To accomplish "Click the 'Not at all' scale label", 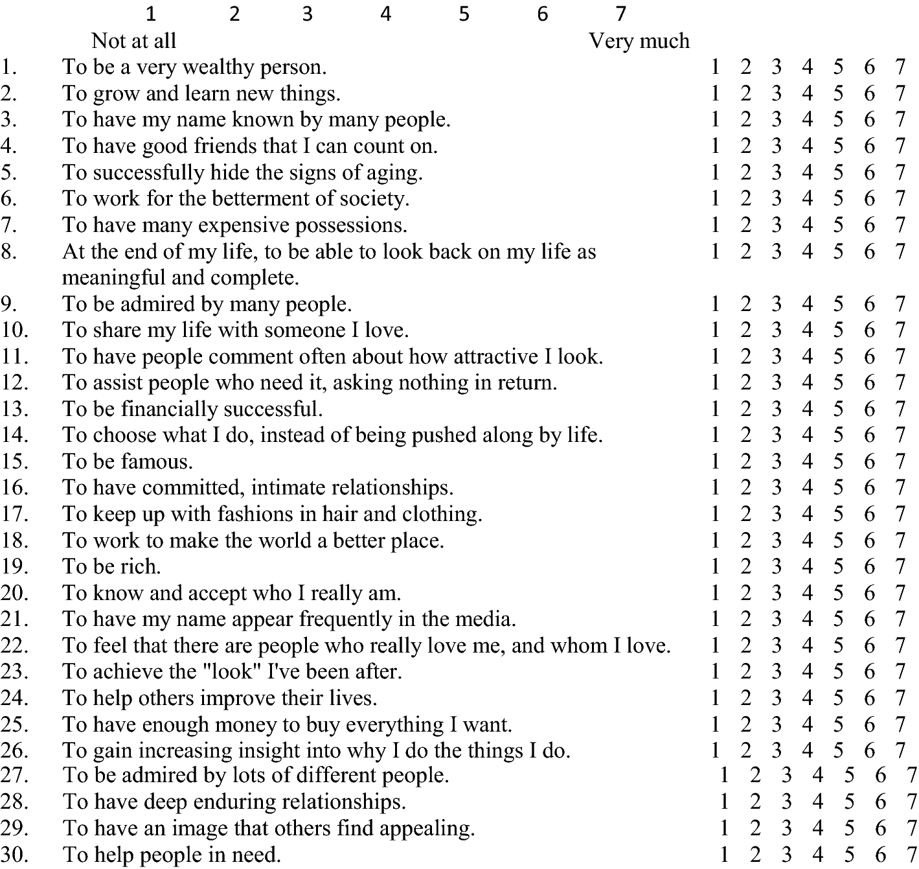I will pyautogui.click(x=133, y=41).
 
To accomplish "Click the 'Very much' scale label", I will pyautogui.click(x=639, y=41).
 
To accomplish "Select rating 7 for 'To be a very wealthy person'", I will pyautogui.click(x=900, y=67).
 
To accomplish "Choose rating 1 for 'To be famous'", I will pyautogui.click(x=715, y=461).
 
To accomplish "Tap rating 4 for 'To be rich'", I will pyautogui.click(x=807, y=566).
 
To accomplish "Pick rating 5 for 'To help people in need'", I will pyautogui.click(x=849, y=855).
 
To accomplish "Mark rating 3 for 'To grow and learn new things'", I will pyautogui.click(x=777, y=93).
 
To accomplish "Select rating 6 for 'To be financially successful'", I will pyautogui.click(x=869, y=409).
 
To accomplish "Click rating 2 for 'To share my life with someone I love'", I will pyautogui.click(x=745, y=330).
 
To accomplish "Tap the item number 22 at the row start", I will pyautogui.click(x=14, y=645).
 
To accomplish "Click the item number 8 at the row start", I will pyautogui.click(x=8, y=251).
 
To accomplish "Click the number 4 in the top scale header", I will pyautogui.click(x=386, y=14).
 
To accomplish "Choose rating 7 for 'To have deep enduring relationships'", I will pyautogui.click(x=911, y=802).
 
